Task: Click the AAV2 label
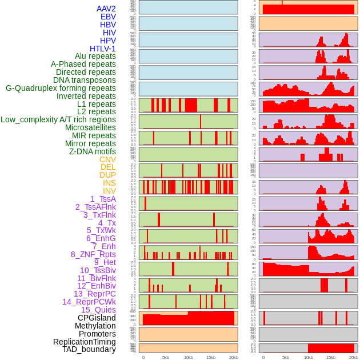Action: tap(106, 9)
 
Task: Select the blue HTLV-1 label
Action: tap(102, 49)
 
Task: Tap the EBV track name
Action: tap(108, 17)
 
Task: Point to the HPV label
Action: tap(107, 41)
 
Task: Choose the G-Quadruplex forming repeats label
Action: tap(61, 88)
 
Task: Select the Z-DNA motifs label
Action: tap(92, 151)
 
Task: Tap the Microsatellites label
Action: tap(90, 127)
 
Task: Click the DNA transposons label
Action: tap(85, 80)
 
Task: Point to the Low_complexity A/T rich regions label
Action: tap(58, 119)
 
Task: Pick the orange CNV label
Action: tap(107, 159)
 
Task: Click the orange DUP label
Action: tap(107, 175)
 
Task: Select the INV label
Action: tap(109, 191)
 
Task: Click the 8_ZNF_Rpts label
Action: tap(93, 254)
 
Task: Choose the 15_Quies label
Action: tap(98, 310)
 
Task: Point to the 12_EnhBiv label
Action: tap(96, 286)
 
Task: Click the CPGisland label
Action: tap(97, 318)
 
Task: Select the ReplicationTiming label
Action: tap(84, 342)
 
